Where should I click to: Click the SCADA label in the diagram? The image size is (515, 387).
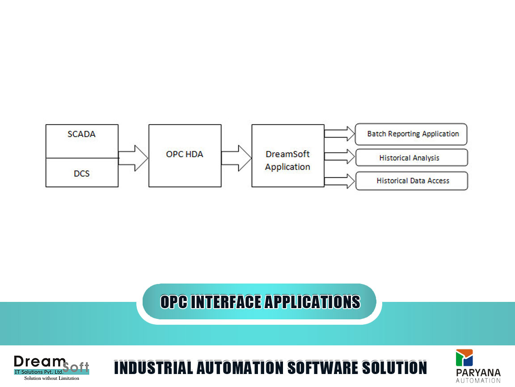(81, 134)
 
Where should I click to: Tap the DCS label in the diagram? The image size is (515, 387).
(82, 173)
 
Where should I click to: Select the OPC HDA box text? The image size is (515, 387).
(185, 154)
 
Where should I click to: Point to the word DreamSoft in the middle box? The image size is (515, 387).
(287, 154)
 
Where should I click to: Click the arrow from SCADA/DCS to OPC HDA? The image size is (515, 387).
(133, 158)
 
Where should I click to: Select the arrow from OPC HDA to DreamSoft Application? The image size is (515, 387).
(236, 158)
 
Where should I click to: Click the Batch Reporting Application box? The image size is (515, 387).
(411, 134)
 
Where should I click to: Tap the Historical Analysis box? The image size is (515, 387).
(412, 158)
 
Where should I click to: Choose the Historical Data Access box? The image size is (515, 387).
(412, 181)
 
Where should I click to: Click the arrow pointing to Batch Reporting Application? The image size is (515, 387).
(340, 133)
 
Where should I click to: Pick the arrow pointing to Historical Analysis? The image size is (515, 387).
(340, 157)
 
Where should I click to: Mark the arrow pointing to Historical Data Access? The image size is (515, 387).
(340, 181)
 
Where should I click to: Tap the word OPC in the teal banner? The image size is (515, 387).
(174, 302)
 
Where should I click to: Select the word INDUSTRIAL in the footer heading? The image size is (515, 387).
(153, 368)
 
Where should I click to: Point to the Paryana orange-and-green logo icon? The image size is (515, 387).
(464, 358)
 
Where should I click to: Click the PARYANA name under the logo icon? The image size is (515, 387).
(478, 373)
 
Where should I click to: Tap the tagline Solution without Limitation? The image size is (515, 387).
(51, 378)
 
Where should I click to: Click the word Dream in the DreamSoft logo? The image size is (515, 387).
(40, 361)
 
